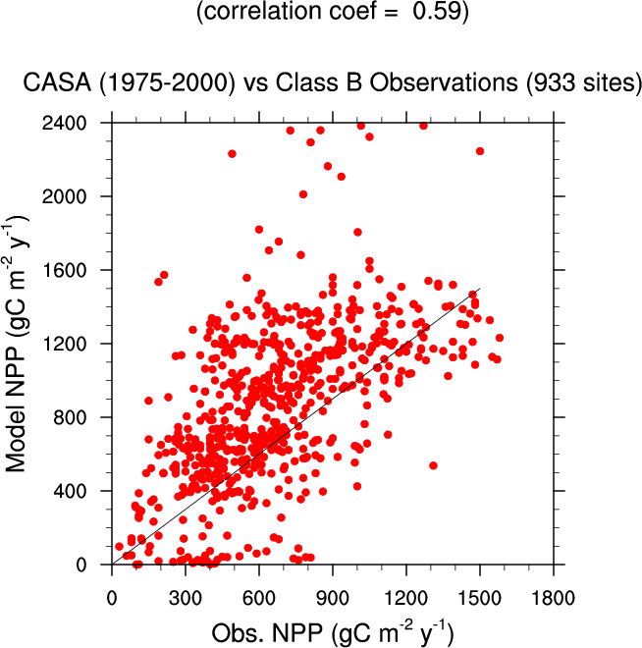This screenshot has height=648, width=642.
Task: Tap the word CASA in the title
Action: [58, 84]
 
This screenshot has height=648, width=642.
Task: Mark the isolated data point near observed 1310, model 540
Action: [433, 465]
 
